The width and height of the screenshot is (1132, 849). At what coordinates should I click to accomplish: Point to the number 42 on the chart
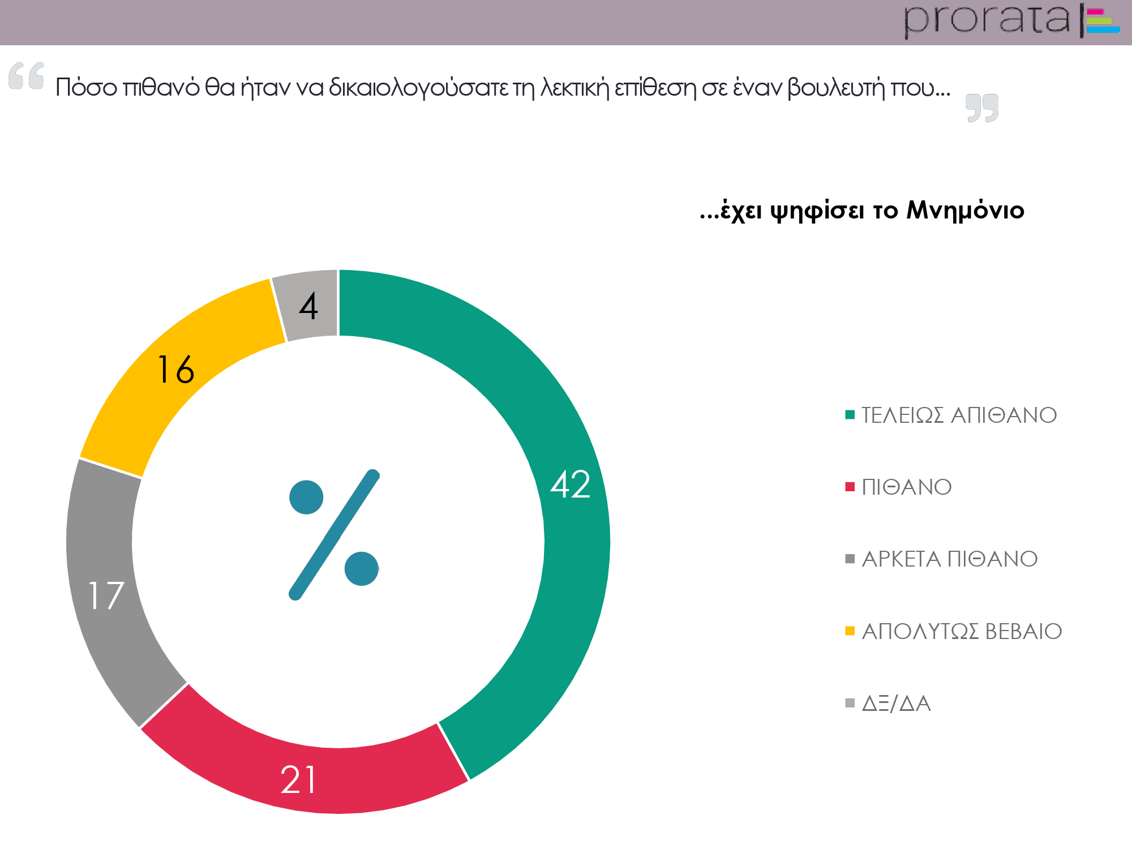(x=571, y=484)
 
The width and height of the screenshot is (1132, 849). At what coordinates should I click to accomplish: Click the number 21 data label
(x=298, y=780)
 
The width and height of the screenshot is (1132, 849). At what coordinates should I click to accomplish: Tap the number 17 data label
(x=106, y=595)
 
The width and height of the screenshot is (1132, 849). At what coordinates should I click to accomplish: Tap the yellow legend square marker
(x=850, y=631)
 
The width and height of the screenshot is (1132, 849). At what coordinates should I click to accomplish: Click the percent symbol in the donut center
(x=334, y=535)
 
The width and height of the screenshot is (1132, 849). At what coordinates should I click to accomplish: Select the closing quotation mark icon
(x=982, y=108)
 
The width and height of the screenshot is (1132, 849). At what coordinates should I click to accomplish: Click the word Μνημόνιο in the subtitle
(x=965, y=211)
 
